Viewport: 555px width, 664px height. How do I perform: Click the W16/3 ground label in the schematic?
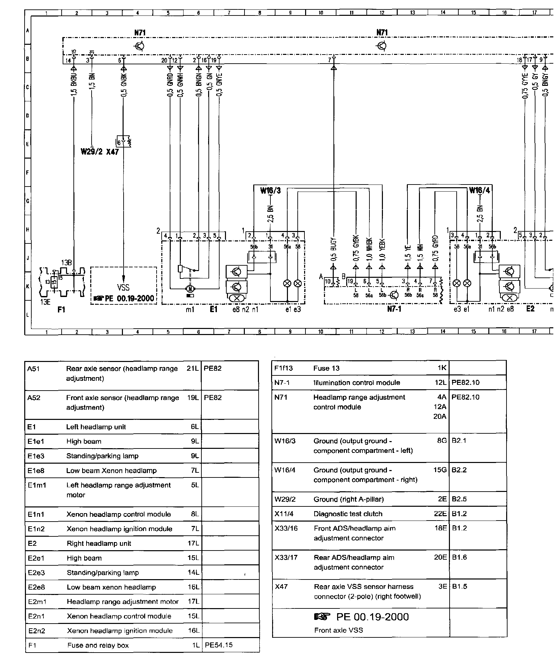point(270,191)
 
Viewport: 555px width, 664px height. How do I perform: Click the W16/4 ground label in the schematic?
point(479,191)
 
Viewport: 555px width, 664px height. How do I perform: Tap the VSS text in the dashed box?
point(123,287)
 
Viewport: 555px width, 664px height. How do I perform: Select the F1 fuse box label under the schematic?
point(61,309)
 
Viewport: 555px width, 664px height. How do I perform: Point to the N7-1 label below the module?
point(394,309)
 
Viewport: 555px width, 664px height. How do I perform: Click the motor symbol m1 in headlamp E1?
point(190,288)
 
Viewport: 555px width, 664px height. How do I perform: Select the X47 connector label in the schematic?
point(112,152)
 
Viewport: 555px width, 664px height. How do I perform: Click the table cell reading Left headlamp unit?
point(96,427)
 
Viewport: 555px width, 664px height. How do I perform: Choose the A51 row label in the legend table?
point(34,369)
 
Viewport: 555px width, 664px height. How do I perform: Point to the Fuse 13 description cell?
point(326,368)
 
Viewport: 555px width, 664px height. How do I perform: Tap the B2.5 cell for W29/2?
point(459,499)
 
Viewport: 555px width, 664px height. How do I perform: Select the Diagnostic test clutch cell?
point(348,514)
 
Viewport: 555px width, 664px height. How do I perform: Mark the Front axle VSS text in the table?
point(338,630)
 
